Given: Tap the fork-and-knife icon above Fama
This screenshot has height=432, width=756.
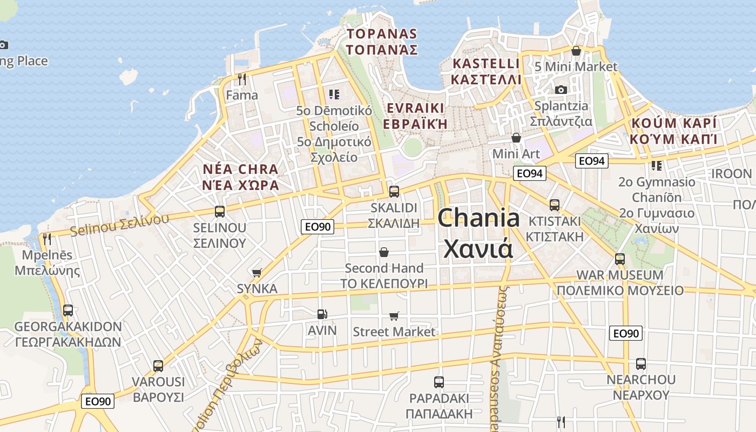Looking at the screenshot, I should coord(242,79).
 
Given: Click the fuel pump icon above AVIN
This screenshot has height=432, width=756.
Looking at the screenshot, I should coord(322,314).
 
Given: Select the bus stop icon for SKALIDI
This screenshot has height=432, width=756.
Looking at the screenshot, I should coord(394,191).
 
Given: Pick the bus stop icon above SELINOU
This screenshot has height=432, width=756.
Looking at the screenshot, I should coord(219,211).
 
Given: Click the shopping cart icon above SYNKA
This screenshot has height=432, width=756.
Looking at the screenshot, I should coord(257,273).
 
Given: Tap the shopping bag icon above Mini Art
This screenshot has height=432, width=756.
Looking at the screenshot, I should coord(516,138).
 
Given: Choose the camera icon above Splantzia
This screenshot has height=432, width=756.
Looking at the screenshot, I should coord(561,90).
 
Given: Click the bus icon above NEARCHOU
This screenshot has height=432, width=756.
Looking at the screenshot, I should coord(640,363).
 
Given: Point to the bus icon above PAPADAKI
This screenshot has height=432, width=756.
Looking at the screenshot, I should coord(439,382).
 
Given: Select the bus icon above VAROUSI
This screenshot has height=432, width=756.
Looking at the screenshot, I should coord(158,366).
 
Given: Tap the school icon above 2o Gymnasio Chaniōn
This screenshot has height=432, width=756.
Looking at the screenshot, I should coord(657,165).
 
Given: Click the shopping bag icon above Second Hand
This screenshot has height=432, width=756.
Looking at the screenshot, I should coord(384,252).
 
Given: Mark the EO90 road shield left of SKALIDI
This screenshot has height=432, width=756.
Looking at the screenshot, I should coord(318,227).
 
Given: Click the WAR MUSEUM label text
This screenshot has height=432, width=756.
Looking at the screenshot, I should coord(620,275).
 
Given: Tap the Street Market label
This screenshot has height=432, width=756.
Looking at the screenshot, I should coord(394,332).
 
